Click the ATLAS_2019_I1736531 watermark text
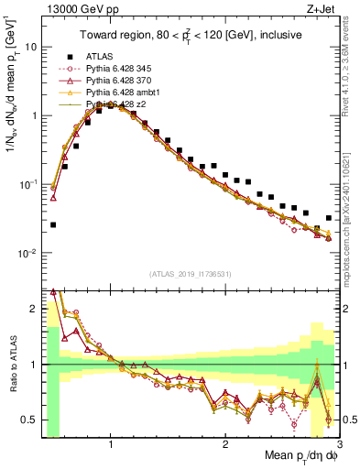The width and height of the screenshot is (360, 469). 191,273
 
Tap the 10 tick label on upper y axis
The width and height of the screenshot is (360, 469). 31,47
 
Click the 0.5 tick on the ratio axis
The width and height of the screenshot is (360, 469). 29,420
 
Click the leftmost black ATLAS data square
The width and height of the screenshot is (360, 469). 53,224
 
